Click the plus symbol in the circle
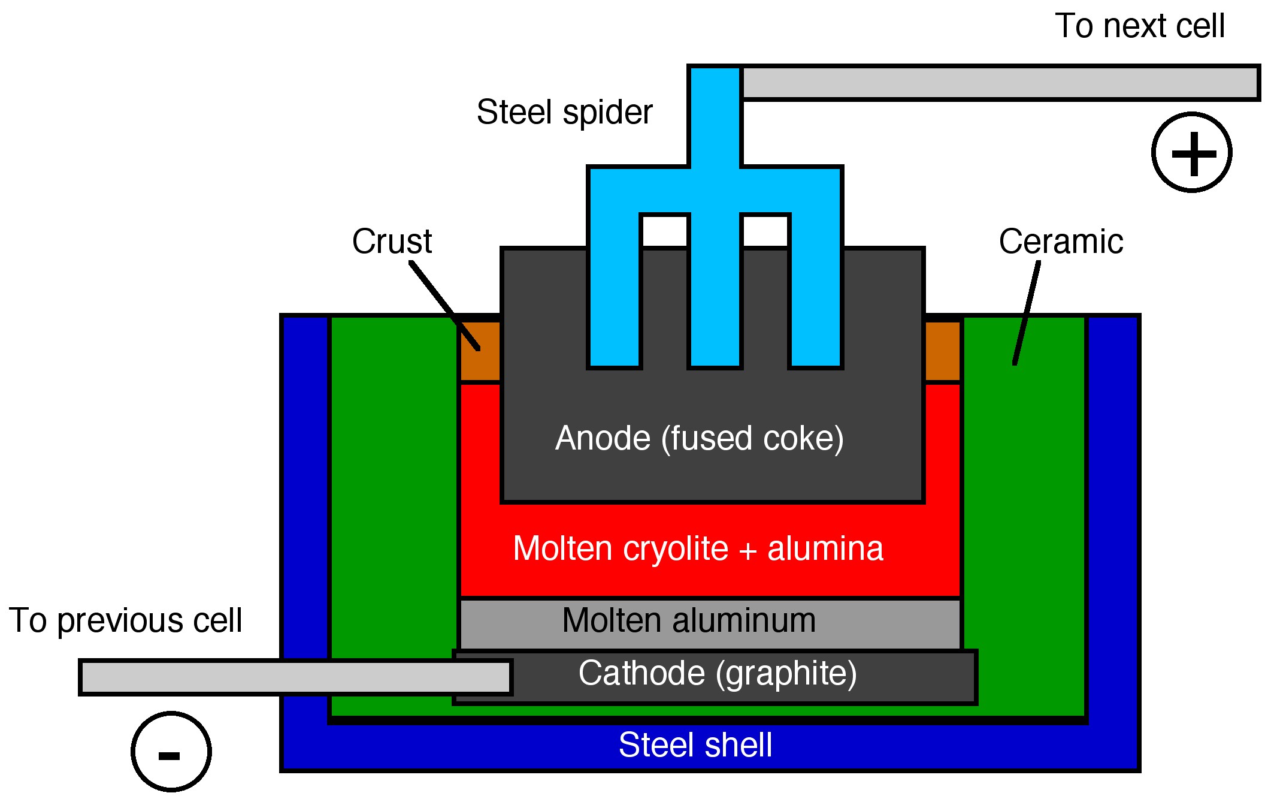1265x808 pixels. click(1193, 153)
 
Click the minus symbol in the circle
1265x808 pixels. click(170, 754)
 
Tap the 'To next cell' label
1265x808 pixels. click(1140, 26)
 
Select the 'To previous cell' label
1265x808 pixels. click(125, 620)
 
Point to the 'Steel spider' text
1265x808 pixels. click(564, 112)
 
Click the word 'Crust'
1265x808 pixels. click(392, 242)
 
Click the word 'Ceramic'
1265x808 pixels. click(1061, 242)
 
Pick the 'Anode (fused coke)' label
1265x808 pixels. click(699, 438)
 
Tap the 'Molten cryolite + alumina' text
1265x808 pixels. click(698, 548)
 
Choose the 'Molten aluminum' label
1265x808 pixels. click(689, 620)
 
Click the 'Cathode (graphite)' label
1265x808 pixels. click(718, 673)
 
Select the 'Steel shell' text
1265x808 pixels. click(695, 745)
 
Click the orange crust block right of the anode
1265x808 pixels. click(943, 351)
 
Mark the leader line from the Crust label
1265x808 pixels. click(444, 305)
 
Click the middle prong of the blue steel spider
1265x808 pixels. click(715, 288)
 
